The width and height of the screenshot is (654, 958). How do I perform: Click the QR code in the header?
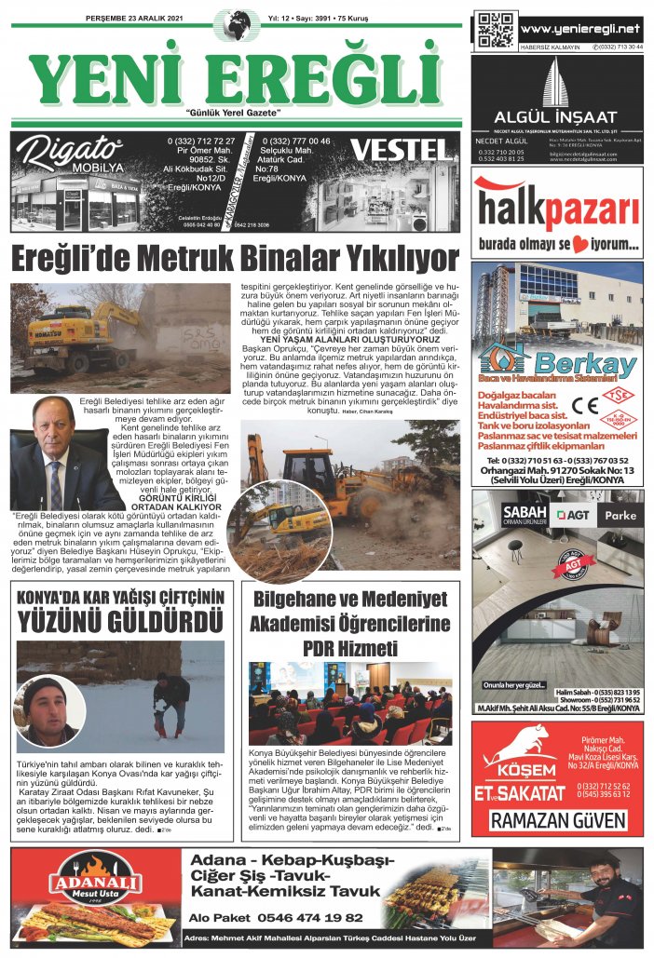click(x=495, y=30)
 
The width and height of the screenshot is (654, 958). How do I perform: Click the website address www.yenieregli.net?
click(x=580, y=29)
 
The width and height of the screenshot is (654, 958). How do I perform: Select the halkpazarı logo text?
click(x=556, y=213)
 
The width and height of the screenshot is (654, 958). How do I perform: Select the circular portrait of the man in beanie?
click(x=45, y=709)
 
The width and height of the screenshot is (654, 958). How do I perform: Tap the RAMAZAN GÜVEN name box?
click(x=557, y=820)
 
